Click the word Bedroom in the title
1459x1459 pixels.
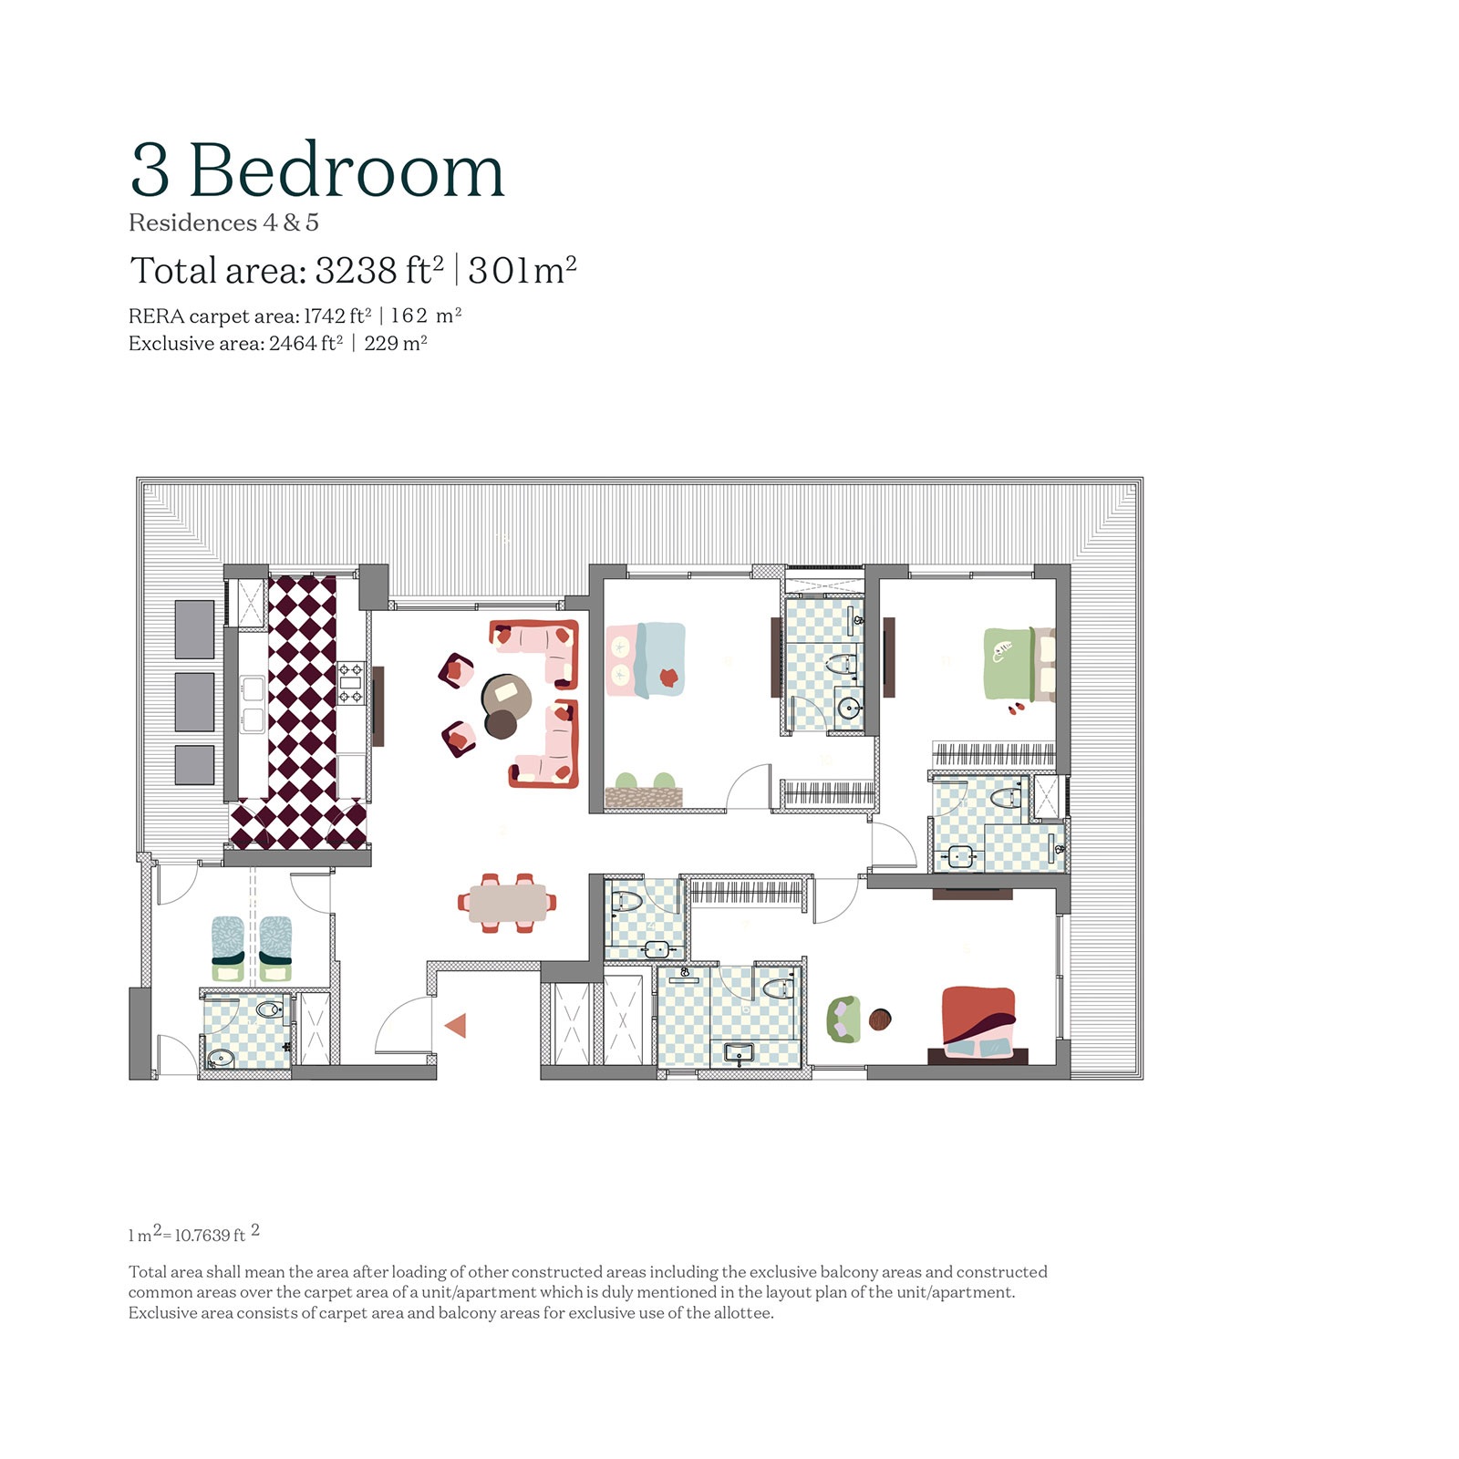coord(347,171)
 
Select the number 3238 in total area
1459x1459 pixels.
coord(356,271)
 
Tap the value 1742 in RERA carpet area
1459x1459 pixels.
coord(324,316)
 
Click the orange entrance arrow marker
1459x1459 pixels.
coord(455,1026)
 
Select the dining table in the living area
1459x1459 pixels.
coord(507,903)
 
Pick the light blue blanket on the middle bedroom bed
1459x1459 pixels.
coord(660,658)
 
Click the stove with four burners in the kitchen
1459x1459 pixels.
coord(351,684)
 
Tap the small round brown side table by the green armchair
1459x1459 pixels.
coord(880,1019)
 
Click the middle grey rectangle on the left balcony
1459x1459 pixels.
coord(194,701)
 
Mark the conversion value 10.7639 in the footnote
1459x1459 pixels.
coord(203,1236)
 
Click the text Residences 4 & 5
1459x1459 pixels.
coord(223,223)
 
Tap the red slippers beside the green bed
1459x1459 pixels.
coord(1016,708)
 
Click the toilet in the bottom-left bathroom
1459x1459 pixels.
coord(269,1010)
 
